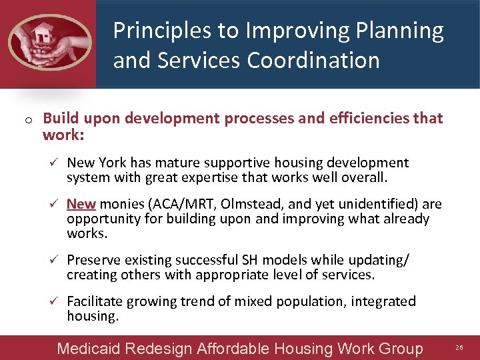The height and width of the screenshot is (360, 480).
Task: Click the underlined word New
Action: pos(81,204)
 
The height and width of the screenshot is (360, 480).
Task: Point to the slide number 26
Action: pos(459,348)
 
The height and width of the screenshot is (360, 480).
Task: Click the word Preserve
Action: pos(93,260)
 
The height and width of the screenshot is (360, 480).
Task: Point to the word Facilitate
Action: pos(95,301)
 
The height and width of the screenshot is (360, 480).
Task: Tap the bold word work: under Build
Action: pos(63,135)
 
